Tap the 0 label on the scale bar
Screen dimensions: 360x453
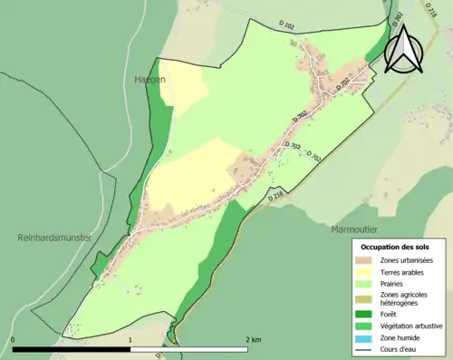[x=14, y=339]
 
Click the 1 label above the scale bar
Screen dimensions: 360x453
[x=130, y=339]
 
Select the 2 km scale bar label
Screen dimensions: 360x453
[x=253, y=339]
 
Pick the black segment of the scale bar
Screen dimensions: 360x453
[x=72, y=349]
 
